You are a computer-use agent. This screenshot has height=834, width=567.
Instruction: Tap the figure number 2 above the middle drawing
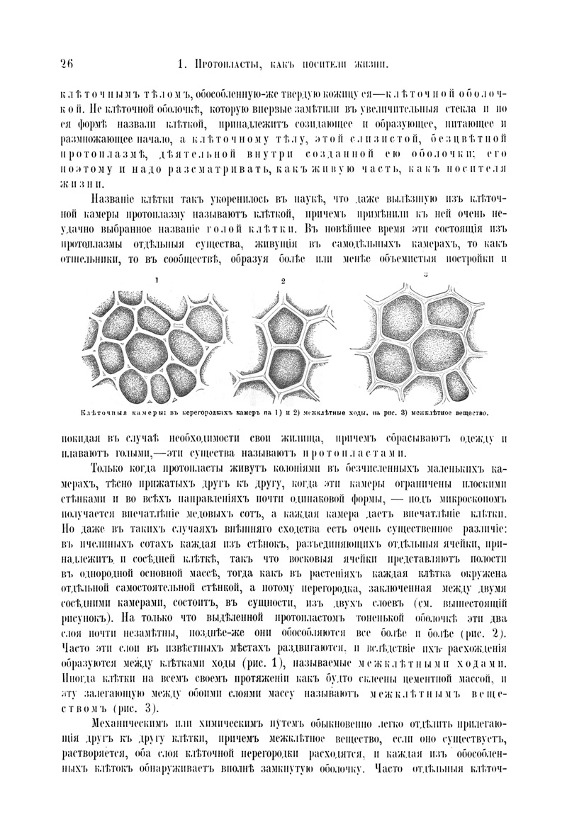click(283, 281)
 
